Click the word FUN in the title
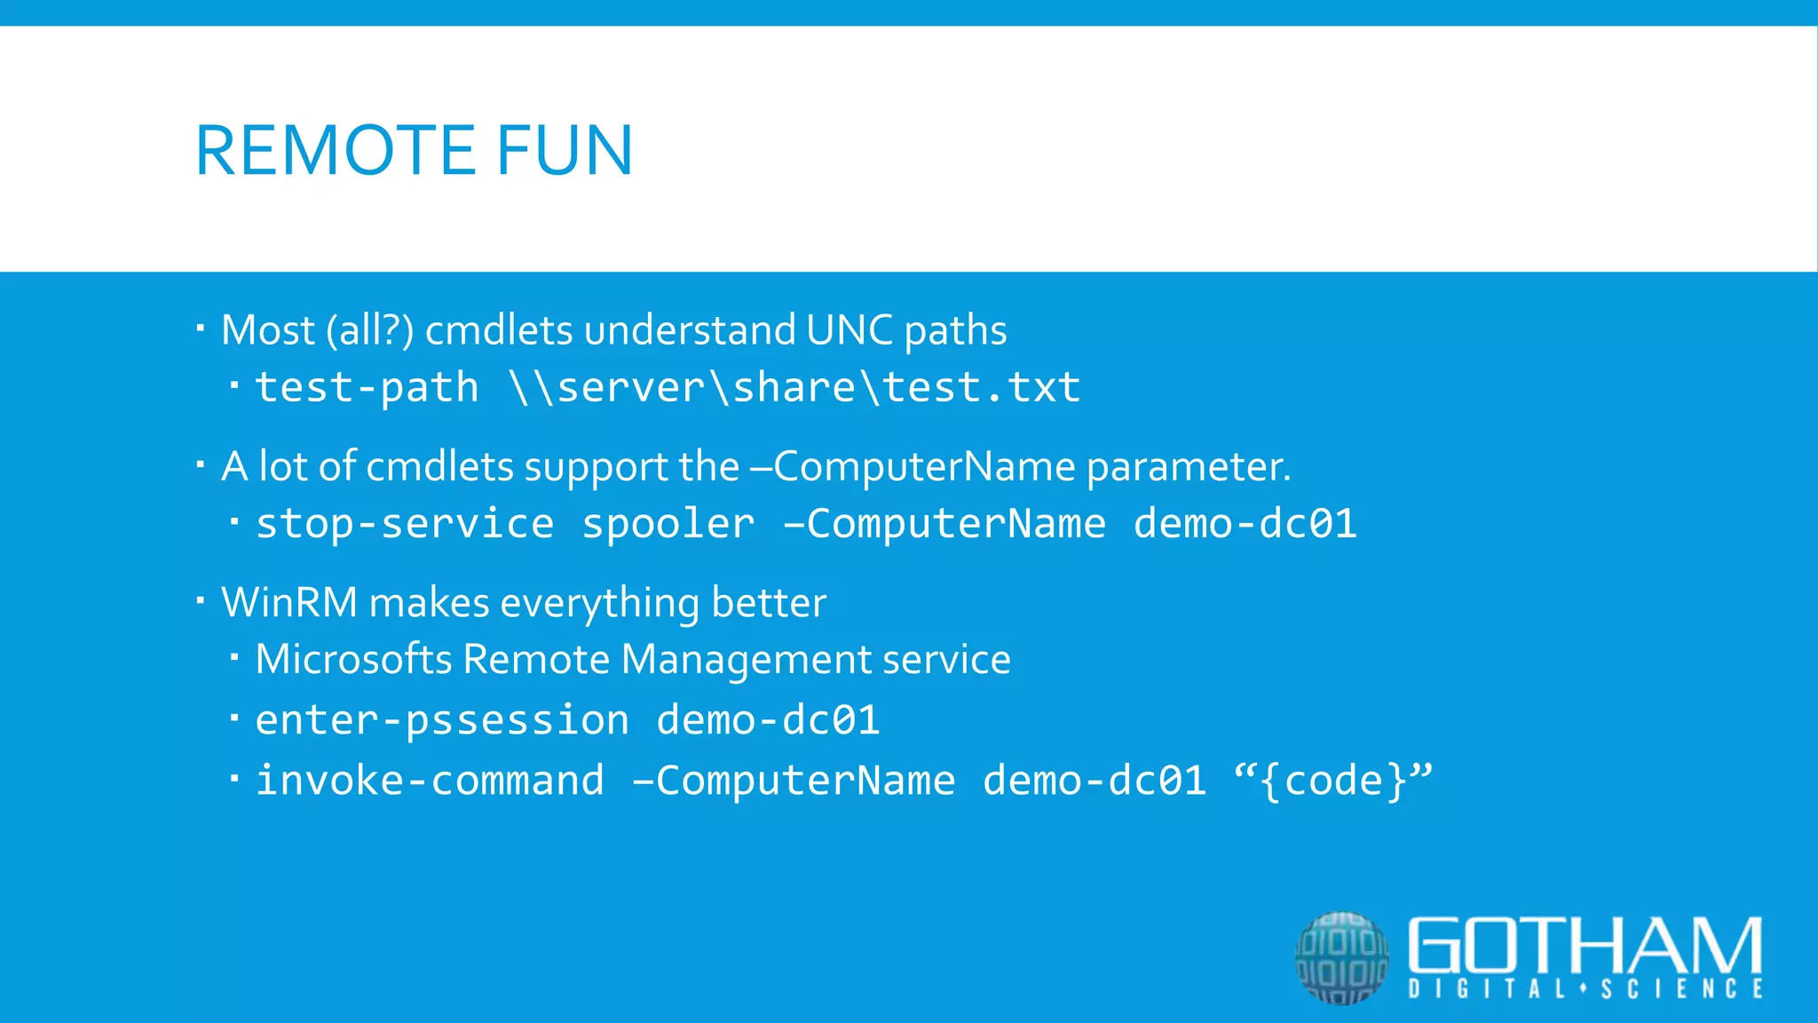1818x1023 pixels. [565, 151]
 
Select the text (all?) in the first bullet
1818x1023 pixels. [369, 330]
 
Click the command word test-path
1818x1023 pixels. [367, 388]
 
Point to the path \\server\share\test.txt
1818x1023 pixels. [795, 388]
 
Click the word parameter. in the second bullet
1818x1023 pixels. [1189, 467]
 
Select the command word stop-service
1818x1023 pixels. [405, 524]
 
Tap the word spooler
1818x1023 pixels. [668, 524]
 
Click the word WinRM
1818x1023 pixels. [289, 603]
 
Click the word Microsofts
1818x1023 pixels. [353, 660]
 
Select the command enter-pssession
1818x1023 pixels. [442, 720]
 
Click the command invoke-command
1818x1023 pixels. [430, 781]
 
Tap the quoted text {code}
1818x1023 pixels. [1333, 781]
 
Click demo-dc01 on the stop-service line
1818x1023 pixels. [1245, 524]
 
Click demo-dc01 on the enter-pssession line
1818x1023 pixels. [768, 720]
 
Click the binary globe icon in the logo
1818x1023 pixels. [1341, 957]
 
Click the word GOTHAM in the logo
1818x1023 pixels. [1585, 945]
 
